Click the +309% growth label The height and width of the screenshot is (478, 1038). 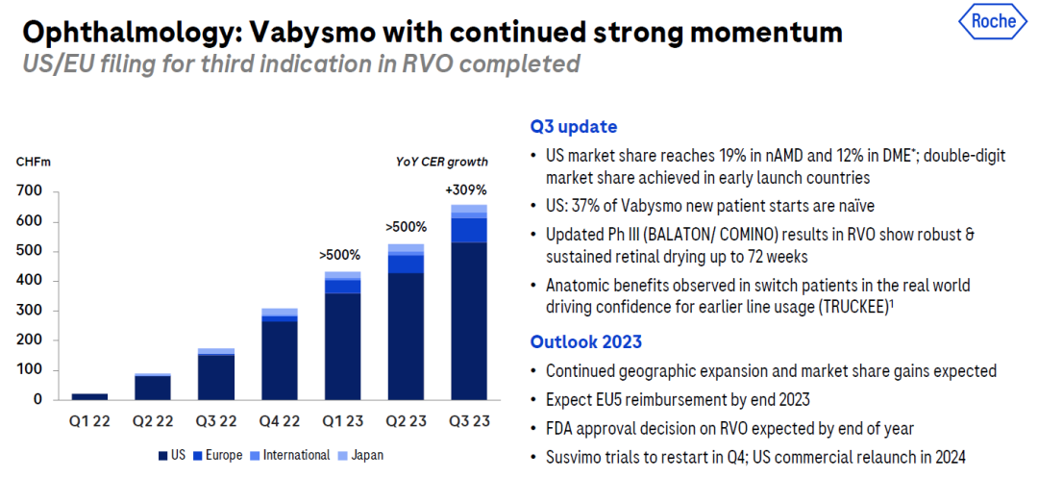coord(468,189)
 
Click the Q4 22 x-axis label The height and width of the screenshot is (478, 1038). coord(278,420)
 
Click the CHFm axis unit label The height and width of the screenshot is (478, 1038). coord(30,162)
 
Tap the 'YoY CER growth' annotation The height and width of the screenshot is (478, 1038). coord(441,162)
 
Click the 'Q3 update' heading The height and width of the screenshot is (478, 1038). coord(573,127)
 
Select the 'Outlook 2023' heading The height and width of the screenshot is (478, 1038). coord(586,341)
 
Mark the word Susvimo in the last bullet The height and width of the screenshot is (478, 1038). coord(575,458)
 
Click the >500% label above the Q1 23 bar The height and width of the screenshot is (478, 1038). coord(339,255)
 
